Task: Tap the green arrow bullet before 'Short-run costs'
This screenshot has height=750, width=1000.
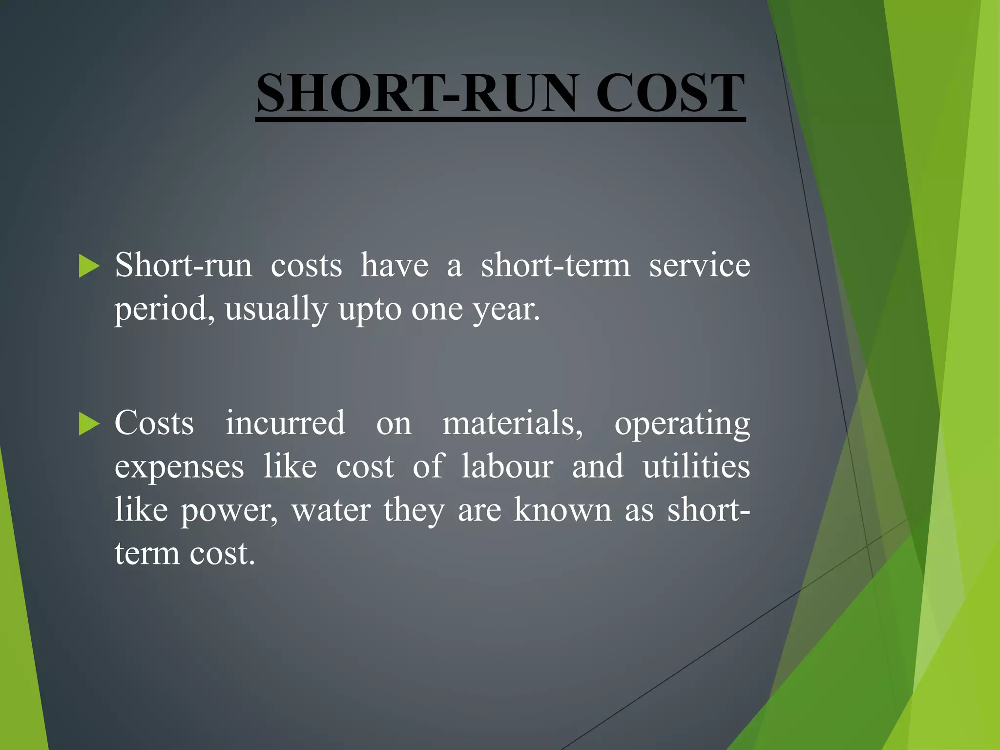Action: point(89,266)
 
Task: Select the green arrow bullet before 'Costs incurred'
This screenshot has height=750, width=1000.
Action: point(89,423)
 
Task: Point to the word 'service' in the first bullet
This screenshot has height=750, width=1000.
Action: point(699,266)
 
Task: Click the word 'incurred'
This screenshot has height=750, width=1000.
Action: point(285,423)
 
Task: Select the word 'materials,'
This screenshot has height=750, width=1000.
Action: point(513,424)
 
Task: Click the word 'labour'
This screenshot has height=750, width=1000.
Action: point(507,466)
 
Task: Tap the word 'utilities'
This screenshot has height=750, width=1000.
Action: point(696,466)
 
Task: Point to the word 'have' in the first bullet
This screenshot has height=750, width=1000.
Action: point(395,266)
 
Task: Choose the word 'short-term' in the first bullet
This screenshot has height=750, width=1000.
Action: point(556,266)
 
